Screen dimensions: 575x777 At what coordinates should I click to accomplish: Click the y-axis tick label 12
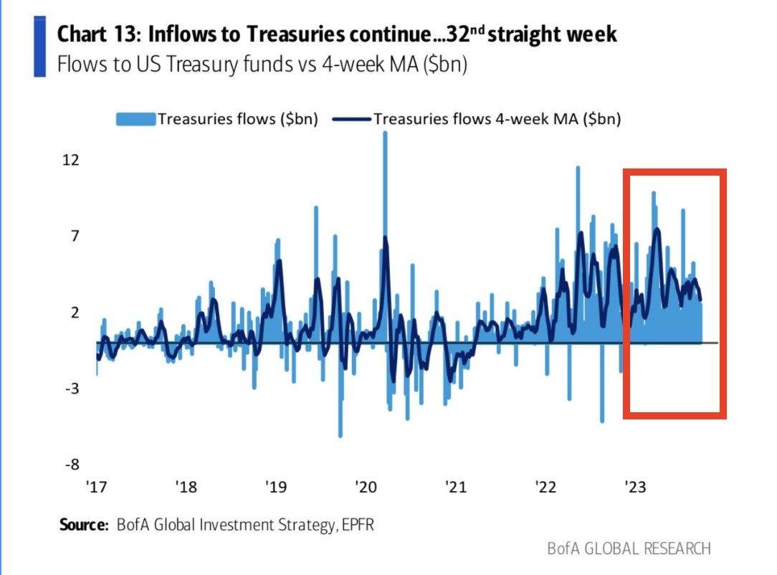click(x=70, y=160)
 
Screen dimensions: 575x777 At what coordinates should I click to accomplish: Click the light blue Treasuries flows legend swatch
click(x=135, y=119)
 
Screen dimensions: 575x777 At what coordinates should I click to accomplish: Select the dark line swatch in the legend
click(x=351, y=119)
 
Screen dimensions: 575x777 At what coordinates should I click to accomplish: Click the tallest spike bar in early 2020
click(x=385, y=136)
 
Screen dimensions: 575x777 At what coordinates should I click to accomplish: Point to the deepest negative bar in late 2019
click(x=340, y=433)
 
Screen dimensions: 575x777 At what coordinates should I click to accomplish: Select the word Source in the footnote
click(x=83, y=526)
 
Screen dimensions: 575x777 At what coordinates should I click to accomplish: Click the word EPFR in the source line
click(x=356, y=526)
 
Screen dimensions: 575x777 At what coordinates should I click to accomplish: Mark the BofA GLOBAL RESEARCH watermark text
click(x=629, y=549)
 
